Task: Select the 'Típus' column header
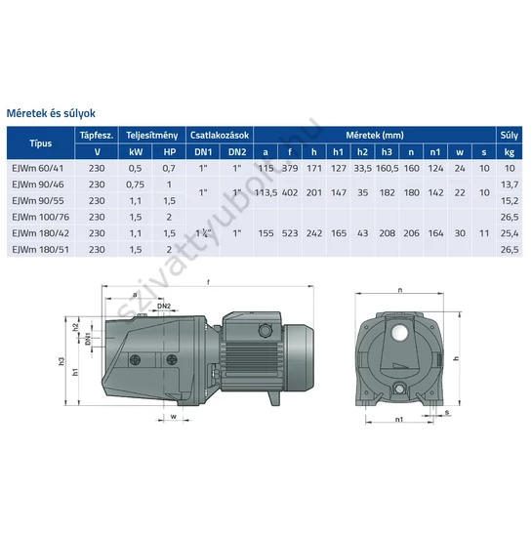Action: (42, 143)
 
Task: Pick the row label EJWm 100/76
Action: (38, 216)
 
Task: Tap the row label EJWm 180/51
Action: (38, 249)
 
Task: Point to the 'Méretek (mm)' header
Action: (373, 136)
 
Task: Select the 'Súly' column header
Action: (509, 136)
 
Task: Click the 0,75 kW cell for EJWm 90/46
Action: (136, 184)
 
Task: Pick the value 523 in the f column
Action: (291, 232)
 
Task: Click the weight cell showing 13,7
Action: (509, 184)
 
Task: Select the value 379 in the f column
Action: (290, 167)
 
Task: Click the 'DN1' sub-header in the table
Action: (202, 151)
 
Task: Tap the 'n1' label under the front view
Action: (399, 422)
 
